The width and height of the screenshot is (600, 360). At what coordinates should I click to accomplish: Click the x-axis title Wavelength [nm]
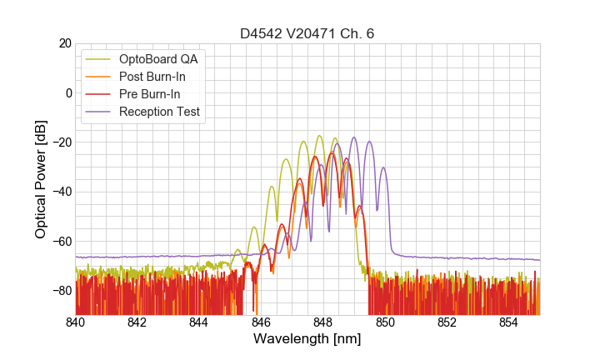coord(307,339)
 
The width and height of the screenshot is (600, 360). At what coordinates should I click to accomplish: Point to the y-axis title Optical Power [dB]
coord(41,179)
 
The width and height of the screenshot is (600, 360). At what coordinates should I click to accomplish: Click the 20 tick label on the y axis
coord(64,43)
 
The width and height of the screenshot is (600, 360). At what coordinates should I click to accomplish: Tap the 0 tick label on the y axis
coord(67,92)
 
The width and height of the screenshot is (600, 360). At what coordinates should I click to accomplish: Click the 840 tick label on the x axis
coord(76,322)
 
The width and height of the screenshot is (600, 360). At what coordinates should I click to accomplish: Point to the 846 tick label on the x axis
coord(261,322)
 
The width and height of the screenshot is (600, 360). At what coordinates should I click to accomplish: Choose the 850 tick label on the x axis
coord(385,322)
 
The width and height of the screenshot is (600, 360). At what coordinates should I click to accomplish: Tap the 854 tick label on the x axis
coord(509,322)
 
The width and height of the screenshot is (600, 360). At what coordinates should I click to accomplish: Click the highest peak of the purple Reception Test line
coord(354,137)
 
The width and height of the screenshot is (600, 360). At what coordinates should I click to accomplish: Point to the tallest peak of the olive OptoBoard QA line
coord(319,136)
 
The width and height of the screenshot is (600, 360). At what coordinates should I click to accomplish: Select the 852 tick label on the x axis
coord(447,322)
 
